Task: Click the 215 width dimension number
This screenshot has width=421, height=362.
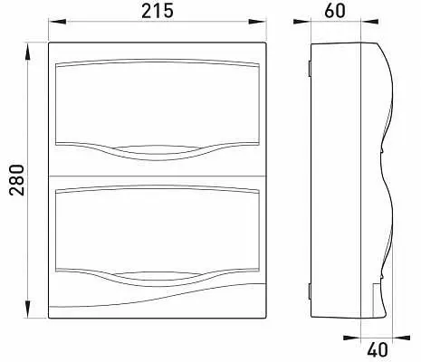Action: coord(158,11)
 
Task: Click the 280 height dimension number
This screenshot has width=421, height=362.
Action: coord(16,180)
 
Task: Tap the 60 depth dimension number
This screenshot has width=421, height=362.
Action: coord(335,11)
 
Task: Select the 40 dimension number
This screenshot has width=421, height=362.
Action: coord(378,350)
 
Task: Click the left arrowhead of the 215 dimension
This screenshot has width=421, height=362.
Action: coord(57,22)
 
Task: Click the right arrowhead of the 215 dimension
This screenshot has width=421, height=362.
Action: coord(257,22)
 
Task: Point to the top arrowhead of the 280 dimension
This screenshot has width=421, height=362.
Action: coord(27,52)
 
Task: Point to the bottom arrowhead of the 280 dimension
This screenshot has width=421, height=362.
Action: coord(27,309)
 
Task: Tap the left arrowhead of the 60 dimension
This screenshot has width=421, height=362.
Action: coord(302,22)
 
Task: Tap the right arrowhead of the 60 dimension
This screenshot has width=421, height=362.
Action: coord(369,22)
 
